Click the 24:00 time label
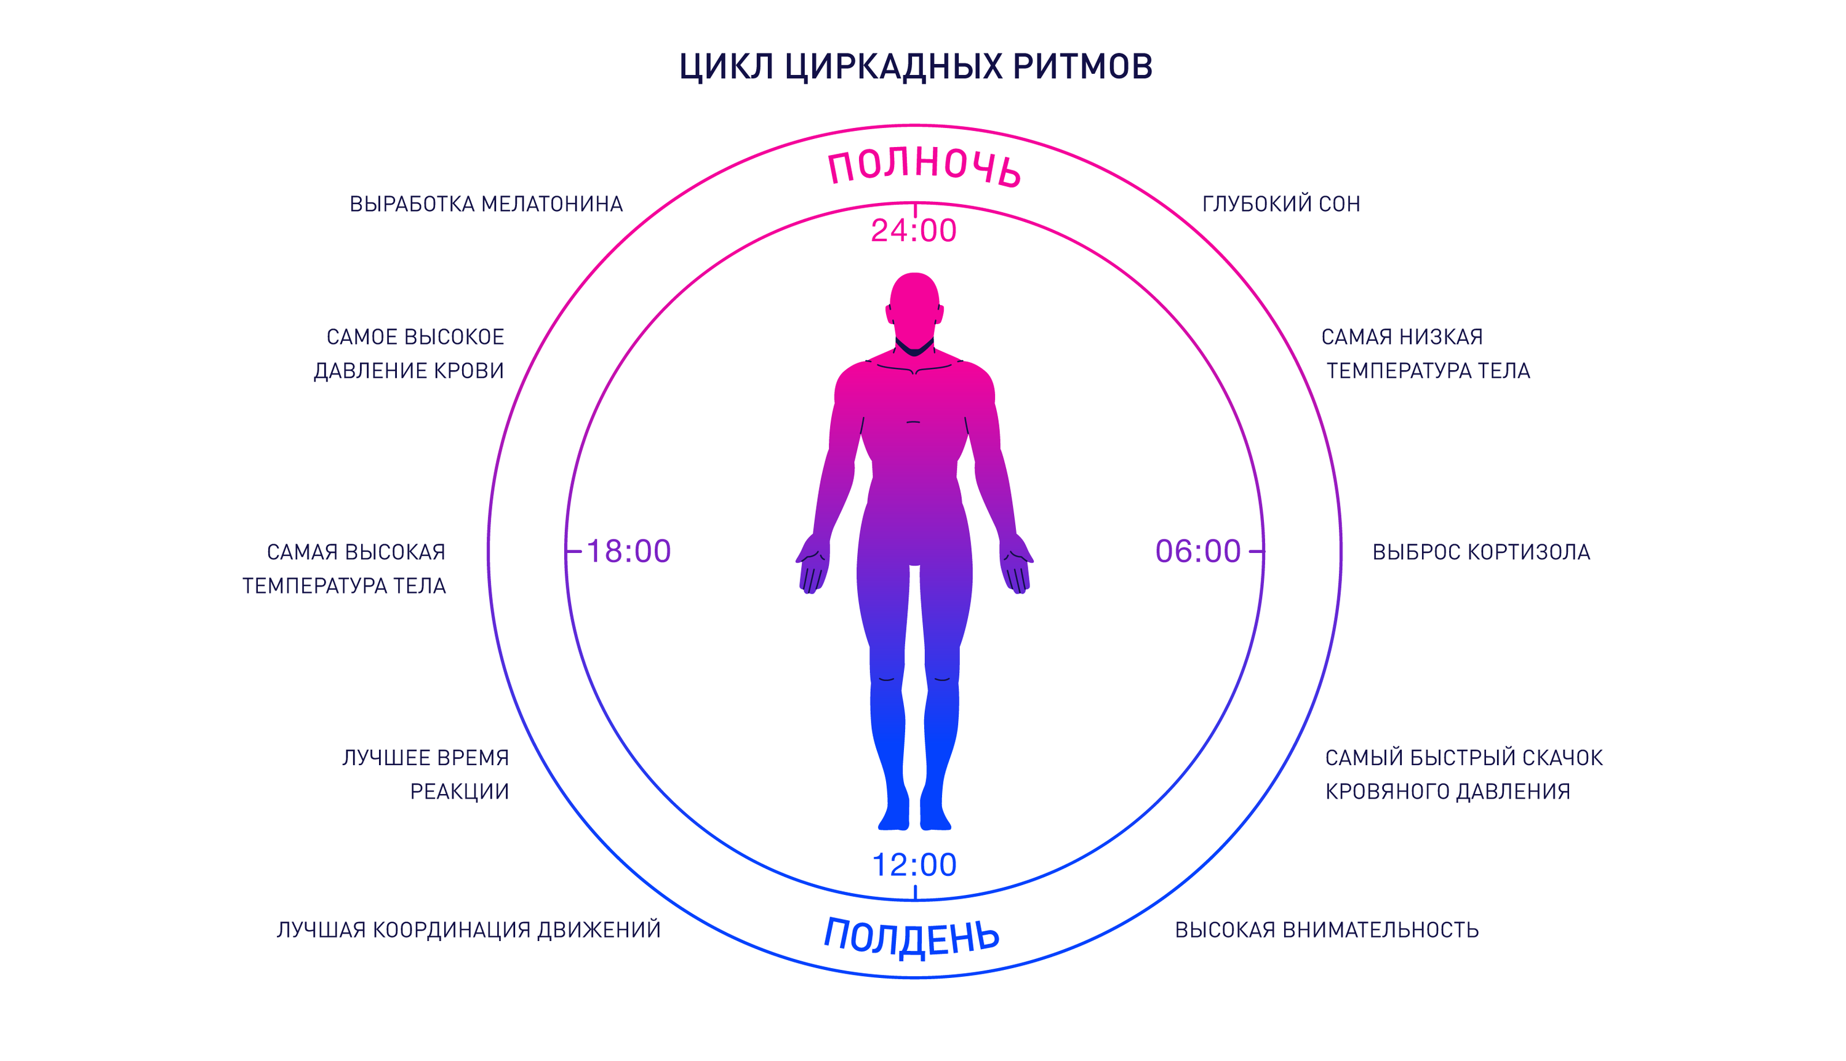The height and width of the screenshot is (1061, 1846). coord(913,230)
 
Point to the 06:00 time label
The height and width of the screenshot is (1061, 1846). coord(1197,551)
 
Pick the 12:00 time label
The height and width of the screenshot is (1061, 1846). coord(914,865)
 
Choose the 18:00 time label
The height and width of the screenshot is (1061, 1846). coord(628,551)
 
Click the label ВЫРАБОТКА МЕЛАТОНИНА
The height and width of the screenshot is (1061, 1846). coord(486,204)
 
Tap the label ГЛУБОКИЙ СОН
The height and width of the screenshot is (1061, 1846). coord(1281,204)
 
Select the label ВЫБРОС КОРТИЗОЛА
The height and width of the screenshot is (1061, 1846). coord(1481,552)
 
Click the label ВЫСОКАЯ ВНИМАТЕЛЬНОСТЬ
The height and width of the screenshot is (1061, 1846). coord(1327,930)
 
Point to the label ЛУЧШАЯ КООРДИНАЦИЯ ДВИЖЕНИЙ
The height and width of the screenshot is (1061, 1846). coord(469,930)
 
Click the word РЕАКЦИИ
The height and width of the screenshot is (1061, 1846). coord(459,792)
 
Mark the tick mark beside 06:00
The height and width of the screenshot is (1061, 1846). coord(1257,552)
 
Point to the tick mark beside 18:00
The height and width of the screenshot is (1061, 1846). coord(573,552)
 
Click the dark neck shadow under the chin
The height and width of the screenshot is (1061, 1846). coord(914,348)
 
